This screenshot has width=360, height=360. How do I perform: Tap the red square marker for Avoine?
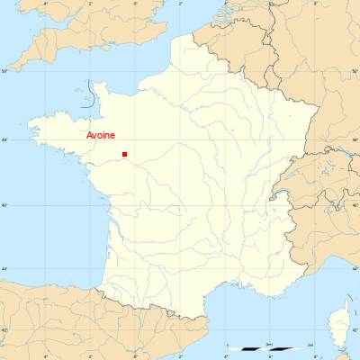(124, 154)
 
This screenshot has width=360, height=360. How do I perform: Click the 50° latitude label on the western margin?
(4, 70)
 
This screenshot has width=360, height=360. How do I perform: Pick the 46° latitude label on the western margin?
(4, 205)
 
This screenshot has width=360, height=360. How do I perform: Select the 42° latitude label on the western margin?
(4, 331)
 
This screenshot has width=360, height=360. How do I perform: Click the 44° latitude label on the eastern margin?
(355, 269)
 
